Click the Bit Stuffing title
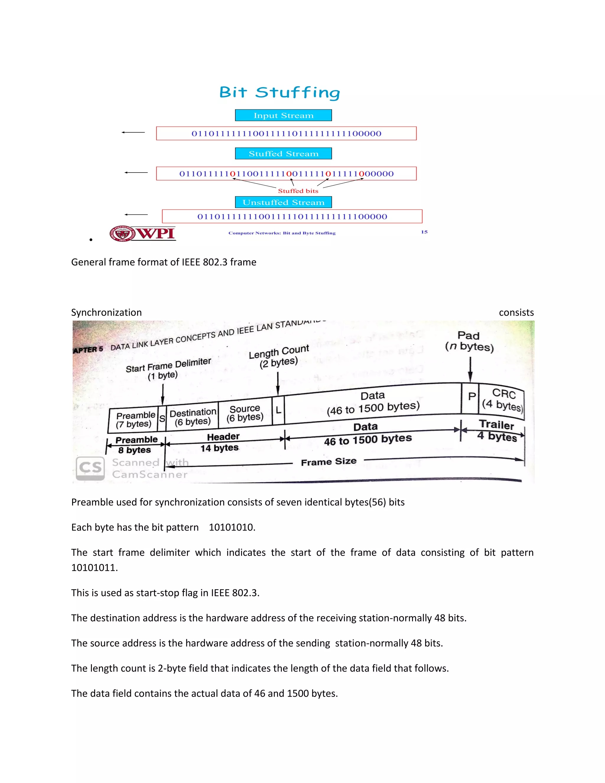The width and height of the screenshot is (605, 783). point(279,92)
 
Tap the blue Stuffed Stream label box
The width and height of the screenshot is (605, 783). point(283,153)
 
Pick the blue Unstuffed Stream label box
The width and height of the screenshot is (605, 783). point(283,202)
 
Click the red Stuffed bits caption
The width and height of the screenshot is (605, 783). point(298,191)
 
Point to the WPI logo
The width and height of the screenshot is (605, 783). point(143,233)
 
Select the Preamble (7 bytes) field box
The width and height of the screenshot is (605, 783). point(134,420)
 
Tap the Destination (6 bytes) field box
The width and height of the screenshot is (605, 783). point(193,417)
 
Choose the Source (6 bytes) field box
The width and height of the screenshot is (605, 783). point(245,413)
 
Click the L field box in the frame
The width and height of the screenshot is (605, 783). point(278,410)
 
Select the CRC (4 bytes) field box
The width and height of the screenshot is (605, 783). point(502,400)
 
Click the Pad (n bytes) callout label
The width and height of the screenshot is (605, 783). point(469,341)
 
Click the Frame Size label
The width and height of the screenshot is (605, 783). point(329,462)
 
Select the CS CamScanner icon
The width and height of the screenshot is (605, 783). point(90,468)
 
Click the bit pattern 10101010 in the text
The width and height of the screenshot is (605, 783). point(232,527)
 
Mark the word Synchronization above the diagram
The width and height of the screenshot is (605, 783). point(106,312)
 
